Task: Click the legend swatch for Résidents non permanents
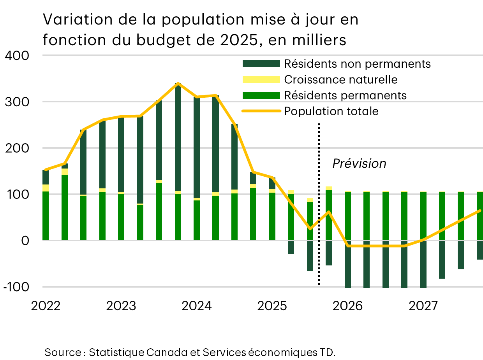261,63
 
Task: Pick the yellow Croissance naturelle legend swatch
261,79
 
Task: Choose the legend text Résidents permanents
346,95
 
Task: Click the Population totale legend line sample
261,111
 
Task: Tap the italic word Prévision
359,163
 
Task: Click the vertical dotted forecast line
319,202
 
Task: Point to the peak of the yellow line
178,83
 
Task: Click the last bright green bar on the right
479,216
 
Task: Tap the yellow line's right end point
480,211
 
